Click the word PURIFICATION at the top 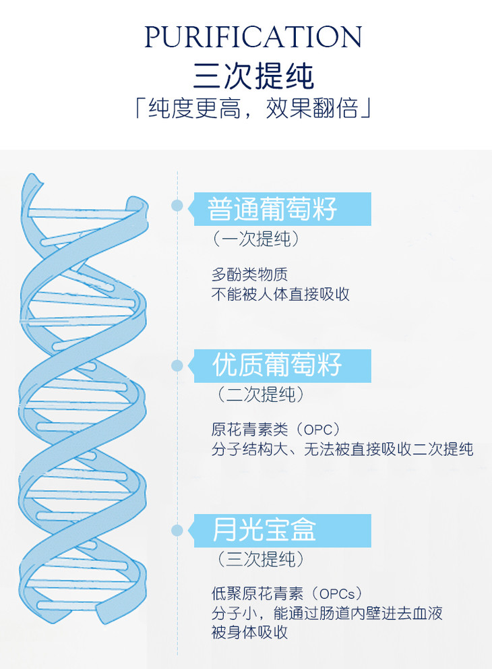tap(253, 37)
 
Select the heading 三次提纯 tap(253, 74)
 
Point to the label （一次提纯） tap(255, 239)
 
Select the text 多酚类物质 tap(249, 274)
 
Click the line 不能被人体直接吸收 tap(280, 295)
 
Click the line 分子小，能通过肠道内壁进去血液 tap(327, 614)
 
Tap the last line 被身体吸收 tap(249, 633)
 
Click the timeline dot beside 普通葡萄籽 tap(177, 205)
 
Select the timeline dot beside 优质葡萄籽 tap(177, 366)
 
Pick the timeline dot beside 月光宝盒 tap(177, 530)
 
